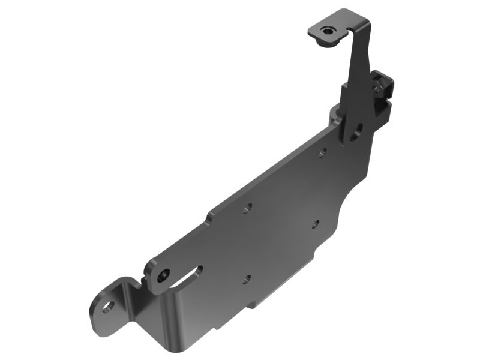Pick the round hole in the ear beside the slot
coord(164,274)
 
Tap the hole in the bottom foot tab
coord(108,307)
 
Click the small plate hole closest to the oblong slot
coord(246,278)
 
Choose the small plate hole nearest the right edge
coord(315,224)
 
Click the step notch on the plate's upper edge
coord(209,214)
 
